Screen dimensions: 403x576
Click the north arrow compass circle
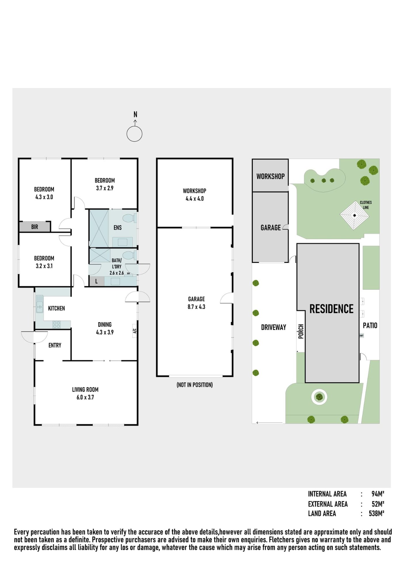tap(134, 134)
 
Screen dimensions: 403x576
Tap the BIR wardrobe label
tap(35, 227)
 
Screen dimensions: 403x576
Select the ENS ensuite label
tap(117, 228)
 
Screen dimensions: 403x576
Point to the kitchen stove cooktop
tap(56, 325)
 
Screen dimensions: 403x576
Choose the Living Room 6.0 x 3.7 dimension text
tap(85, 397)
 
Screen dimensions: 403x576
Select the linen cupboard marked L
tap(96, 281)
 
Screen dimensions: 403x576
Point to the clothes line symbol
tap(354, 215)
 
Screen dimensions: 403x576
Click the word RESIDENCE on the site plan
tap(331, 309)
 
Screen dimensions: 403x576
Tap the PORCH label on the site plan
tap(301, 331)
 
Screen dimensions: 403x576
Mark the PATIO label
tap(370, 325)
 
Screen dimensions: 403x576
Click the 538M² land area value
tap(377, 514)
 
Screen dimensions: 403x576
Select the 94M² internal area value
tap(378, 494)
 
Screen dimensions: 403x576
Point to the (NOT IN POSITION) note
tap(195, 385)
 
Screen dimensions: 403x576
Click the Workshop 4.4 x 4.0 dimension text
tap(195, 199)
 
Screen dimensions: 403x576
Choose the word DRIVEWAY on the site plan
tap(273, 327)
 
